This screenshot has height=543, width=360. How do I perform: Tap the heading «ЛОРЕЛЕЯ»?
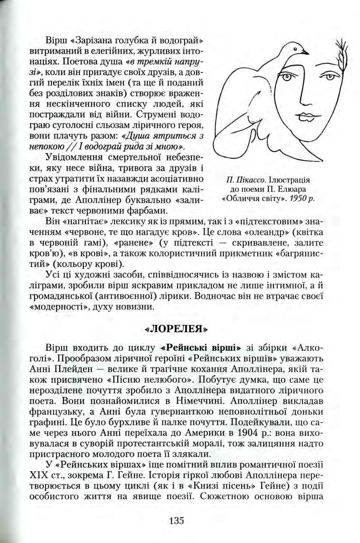point(176,330)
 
